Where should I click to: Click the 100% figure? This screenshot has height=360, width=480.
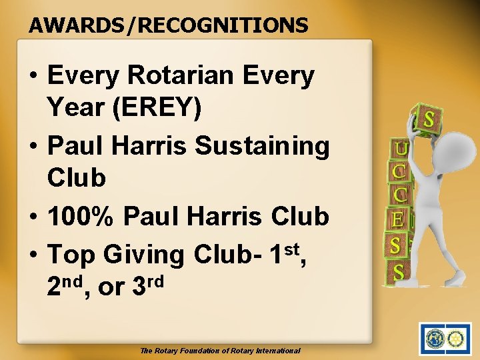pyautogui.click(x=81, y=216)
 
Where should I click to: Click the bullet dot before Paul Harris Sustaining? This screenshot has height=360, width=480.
pyautogui.click(x=33, y=146)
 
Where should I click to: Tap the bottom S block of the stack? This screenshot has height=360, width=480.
pyautogui.click(x=398, y=271)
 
